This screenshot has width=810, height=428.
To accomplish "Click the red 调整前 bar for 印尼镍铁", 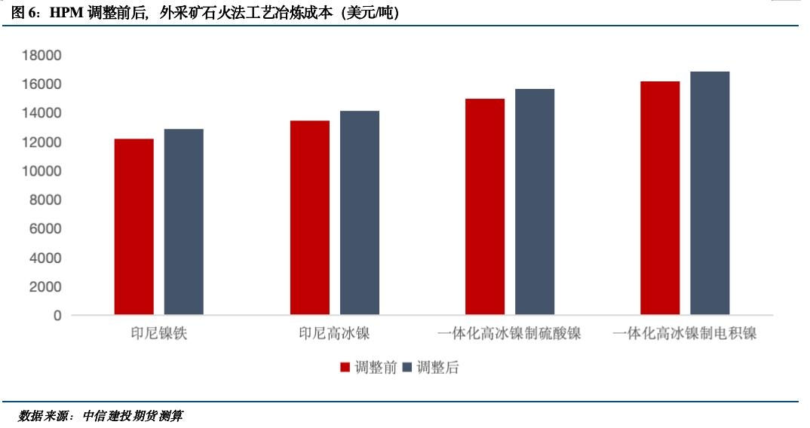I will coord(133,227).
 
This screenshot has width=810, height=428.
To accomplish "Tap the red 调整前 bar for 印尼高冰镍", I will coord(309,218).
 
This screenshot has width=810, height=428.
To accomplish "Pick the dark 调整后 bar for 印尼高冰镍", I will coord(359,212).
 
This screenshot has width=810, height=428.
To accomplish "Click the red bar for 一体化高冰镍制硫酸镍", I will coord(484,206).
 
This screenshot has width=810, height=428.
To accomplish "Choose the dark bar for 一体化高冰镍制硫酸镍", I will coord(535,202).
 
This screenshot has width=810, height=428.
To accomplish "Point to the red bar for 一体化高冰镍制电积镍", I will coord(660,198).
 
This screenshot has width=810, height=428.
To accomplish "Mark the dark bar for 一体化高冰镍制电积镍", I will coord(710,193).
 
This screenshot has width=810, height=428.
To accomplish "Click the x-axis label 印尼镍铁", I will coord(158,333).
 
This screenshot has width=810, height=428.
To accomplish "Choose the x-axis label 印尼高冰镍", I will coord(334,333).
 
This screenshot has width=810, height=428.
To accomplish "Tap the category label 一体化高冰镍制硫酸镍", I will coord(510,333).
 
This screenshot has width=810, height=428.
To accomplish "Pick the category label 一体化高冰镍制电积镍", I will coord(685,333).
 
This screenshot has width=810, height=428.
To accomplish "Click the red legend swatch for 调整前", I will coord(345,368).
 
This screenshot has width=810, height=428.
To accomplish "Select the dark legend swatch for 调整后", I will coord(408,368).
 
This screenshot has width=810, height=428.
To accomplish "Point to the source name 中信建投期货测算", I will coord(133,415).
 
